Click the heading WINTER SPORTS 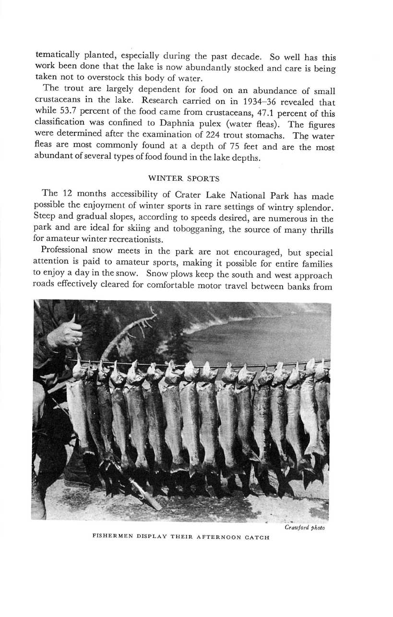[x=184, y=178]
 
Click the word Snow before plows [x=158, y=275]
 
